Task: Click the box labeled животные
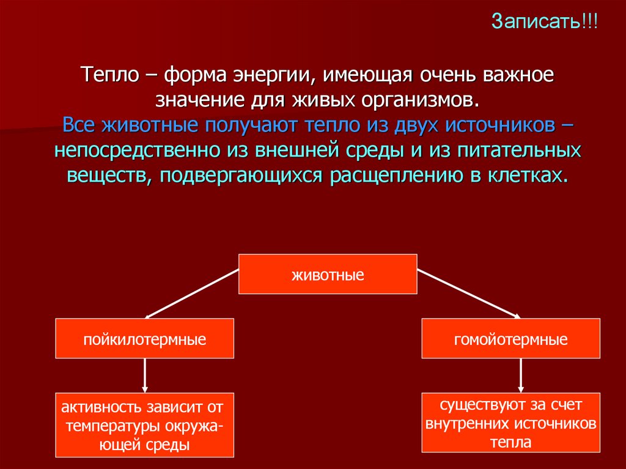pos(328,274)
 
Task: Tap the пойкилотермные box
pos(145,338)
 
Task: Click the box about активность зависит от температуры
pos(145,425)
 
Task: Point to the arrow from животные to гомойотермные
pos(468,294)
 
